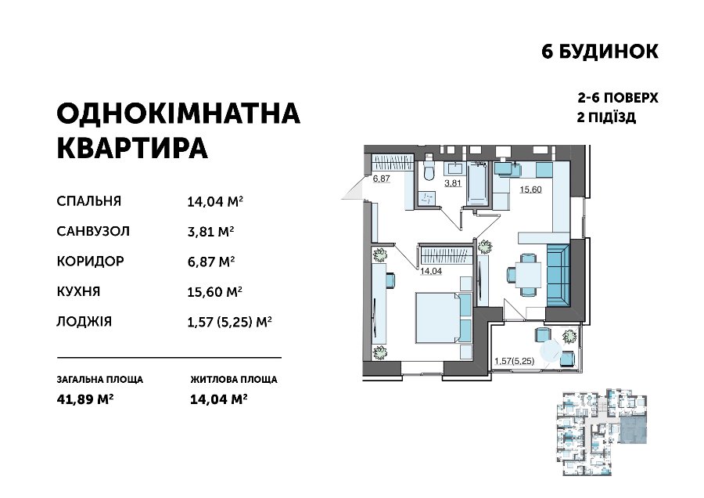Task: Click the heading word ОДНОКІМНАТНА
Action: [178, 114]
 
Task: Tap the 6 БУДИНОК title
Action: [600, 52]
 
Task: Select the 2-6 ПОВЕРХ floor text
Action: [618, 98]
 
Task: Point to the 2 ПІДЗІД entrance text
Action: [606, 117]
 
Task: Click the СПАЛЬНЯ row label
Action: [89, 201]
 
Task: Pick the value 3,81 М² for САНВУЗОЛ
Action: [210, 232]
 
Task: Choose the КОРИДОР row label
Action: [90, 261]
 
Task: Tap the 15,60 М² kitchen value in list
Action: [214, 292]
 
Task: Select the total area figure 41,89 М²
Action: [84, 399]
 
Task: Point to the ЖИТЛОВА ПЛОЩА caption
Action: [234, 379]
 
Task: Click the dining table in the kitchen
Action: [528, 275]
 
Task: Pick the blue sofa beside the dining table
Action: [558, 276]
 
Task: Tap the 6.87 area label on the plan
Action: [381, 179]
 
